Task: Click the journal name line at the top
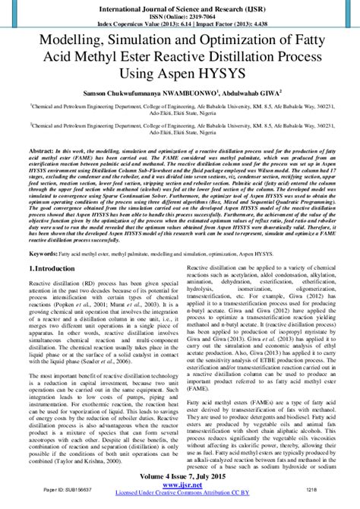(x=179, y=7)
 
